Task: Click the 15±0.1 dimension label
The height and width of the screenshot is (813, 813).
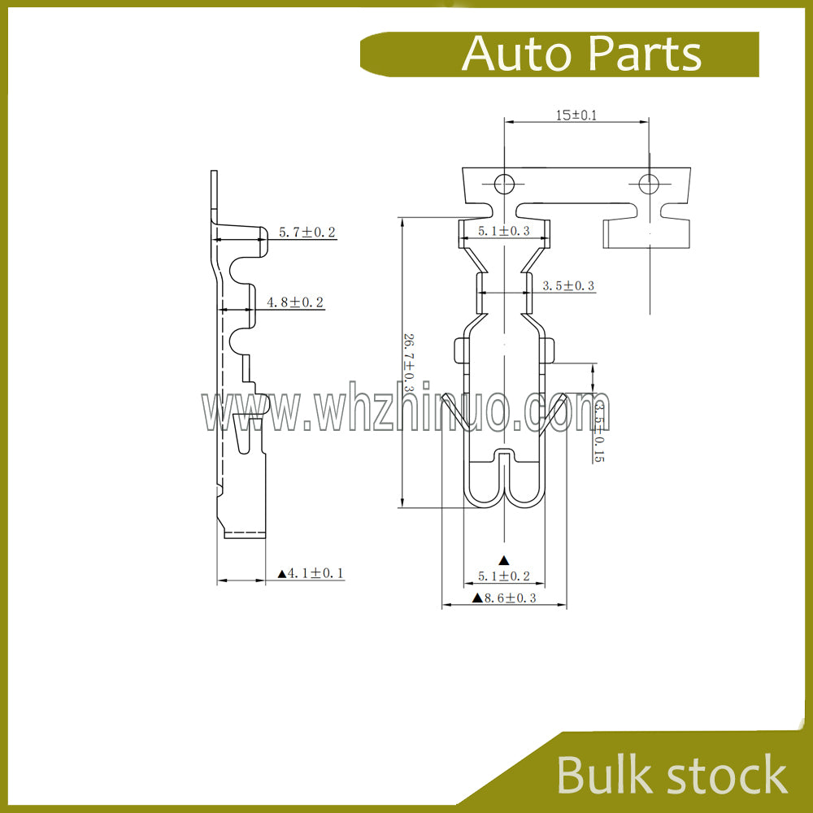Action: click(576, 115)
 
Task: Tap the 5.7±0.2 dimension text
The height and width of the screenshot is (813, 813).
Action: click(307, 232)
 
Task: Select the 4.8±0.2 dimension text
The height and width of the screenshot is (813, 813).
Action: click(295, 302)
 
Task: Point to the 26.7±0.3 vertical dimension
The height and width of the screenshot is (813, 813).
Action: click(409, 362)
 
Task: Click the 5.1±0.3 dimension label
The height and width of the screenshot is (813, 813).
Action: click(503, 231)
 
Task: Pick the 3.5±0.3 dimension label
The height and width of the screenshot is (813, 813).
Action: click(568, 285)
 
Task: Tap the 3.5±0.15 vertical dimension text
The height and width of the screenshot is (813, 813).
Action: click(599, 431)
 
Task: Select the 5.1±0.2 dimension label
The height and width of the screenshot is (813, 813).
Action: click(503, 576)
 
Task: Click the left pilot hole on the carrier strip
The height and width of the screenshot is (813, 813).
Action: click(503, 184)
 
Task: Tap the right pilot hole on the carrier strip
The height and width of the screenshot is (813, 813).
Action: click(648, 184)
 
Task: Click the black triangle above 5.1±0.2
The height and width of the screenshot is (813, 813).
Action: click(504, 560)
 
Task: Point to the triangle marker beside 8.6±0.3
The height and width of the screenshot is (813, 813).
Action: click(477, 598)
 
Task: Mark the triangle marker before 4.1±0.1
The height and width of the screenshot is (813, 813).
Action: click(282, 573)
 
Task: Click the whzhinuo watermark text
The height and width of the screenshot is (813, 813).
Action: click(406, 413)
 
